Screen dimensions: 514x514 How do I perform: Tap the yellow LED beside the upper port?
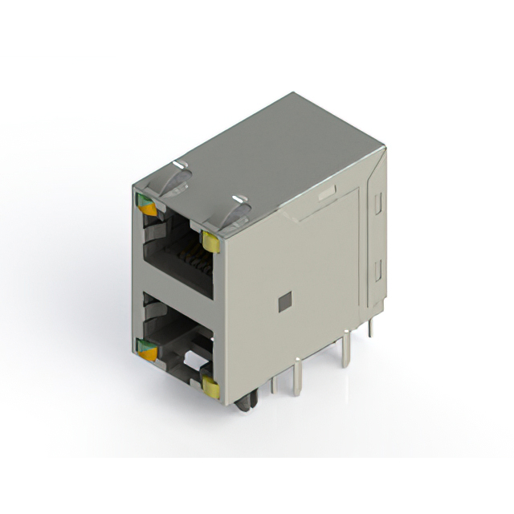click(x=212, y=240)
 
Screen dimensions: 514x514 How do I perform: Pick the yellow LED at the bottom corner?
click(x=212, y=389)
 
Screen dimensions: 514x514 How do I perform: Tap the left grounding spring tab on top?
click(x=177, y=177)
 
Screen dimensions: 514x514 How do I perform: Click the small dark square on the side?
click(x=282, y=302)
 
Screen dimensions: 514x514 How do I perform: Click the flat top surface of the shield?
click(x=281, y=153)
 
